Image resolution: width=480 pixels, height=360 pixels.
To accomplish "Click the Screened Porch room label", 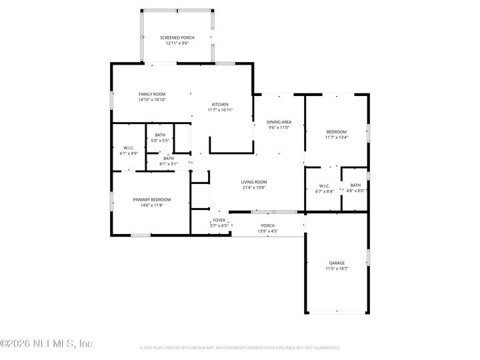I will click(177, 37).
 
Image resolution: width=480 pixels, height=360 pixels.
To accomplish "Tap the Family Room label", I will click(152, 94).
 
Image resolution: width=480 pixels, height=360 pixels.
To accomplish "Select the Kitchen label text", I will click(220, 105).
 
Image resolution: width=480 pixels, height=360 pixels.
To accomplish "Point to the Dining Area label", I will click(279, 122).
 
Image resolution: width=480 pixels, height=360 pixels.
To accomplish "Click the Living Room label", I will click(254, 182).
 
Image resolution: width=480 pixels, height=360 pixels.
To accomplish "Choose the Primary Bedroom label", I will click(151, 199).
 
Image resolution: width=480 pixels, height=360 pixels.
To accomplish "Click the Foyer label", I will click(219, 220).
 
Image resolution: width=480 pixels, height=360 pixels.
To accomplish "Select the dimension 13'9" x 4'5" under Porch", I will click(267, 231).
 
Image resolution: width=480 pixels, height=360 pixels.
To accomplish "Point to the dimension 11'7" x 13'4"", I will click(336, 138).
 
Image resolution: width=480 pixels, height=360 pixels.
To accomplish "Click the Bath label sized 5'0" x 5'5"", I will click(159, 135).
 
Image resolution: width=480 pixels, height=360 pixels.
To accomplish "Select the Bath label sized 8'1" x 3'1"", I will click(168, 158).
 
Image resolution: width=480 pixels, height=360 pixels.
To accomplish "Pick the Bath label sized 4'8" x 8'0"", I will click(355, 185).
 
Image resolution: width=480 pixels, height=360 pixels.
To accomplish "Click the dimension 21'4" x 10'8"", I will click(254, 187).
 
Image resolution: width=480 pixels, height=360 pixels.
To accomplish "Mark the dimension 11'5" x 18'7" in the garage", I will click(337, 268).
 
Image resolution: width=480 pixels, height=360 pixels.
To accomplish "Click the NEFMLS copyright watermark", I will click(46, 344).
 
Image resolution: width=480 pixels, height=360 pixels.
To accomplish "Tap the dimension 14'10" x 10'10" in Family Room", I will click(152, 100).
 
